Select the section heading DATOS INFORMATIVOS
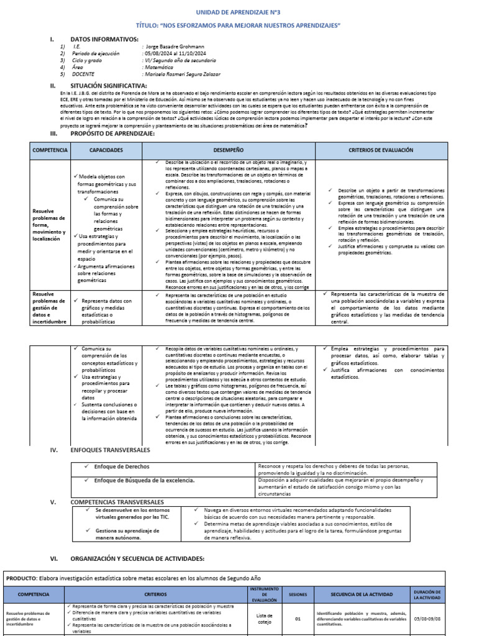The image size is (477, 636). (104, 39)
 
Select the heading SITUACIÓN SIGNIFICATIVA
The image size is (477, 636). (109, 85)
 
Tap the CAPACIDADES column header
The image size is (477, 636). (106, 150)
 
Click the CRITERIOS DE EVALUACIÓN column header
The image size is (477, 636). (380, 150)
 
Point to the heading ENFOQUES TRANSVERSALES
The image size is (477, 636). (110, 449)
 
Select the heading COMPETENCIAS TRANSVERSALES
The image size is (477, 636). (117, 502)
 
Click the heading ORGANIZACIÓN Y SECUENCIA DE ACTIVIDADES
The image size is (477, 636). (137, 559)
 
